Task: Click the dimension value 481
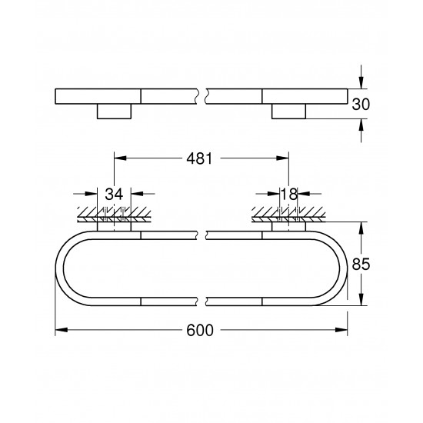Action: pyautogui.click(x=202, y=158)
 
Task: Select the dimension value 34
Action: pyautogui.click(x=115, y=195)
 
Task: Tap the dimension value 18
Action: pyautogui.click(x=289, y=195)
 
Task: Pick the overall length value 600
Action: pyautogui.click(x=202, y=331)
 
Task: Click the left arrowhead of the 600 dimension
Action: pyautogui.click(x=60, y=331)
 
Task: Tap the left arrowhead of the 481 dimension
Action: pyautogui.click(x=119, y=159)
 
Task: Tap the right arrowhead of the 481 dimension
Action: pyautogui.click(x=285, y=159)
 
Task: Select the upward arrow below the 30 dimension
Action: pyautogui.click(x=361, y=123)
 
